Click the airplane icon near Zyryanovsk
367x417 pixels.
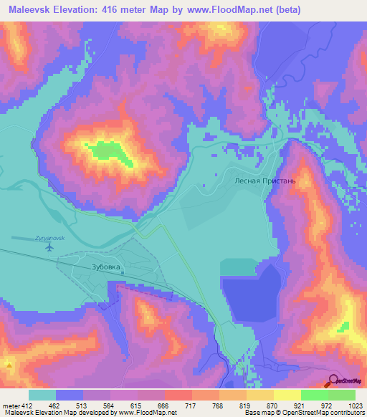click(49, 248)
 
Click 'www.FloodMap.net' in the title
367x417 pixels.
click(227, 9)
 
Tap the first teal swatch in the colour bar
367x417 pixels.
click(42, 396)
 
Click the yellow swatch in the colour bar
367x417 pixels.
click(287, 396)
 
